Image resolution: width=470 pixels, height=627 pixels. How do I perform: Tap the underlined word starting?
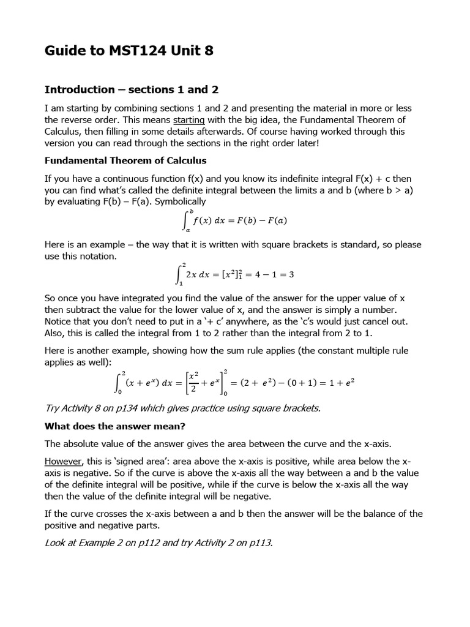[189, 120]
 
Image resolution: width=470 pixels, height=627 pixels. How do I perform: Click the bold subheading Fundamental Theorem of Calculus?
[125, 160]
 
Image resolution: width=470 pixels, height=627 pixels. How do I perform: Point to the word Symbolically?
[177, 201]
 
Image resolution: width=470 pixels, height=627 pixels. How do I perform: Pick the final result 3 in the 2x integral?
[291, 274]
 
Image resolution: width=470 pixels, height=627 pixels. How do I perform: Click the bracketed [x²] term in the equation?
[231, 274]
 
